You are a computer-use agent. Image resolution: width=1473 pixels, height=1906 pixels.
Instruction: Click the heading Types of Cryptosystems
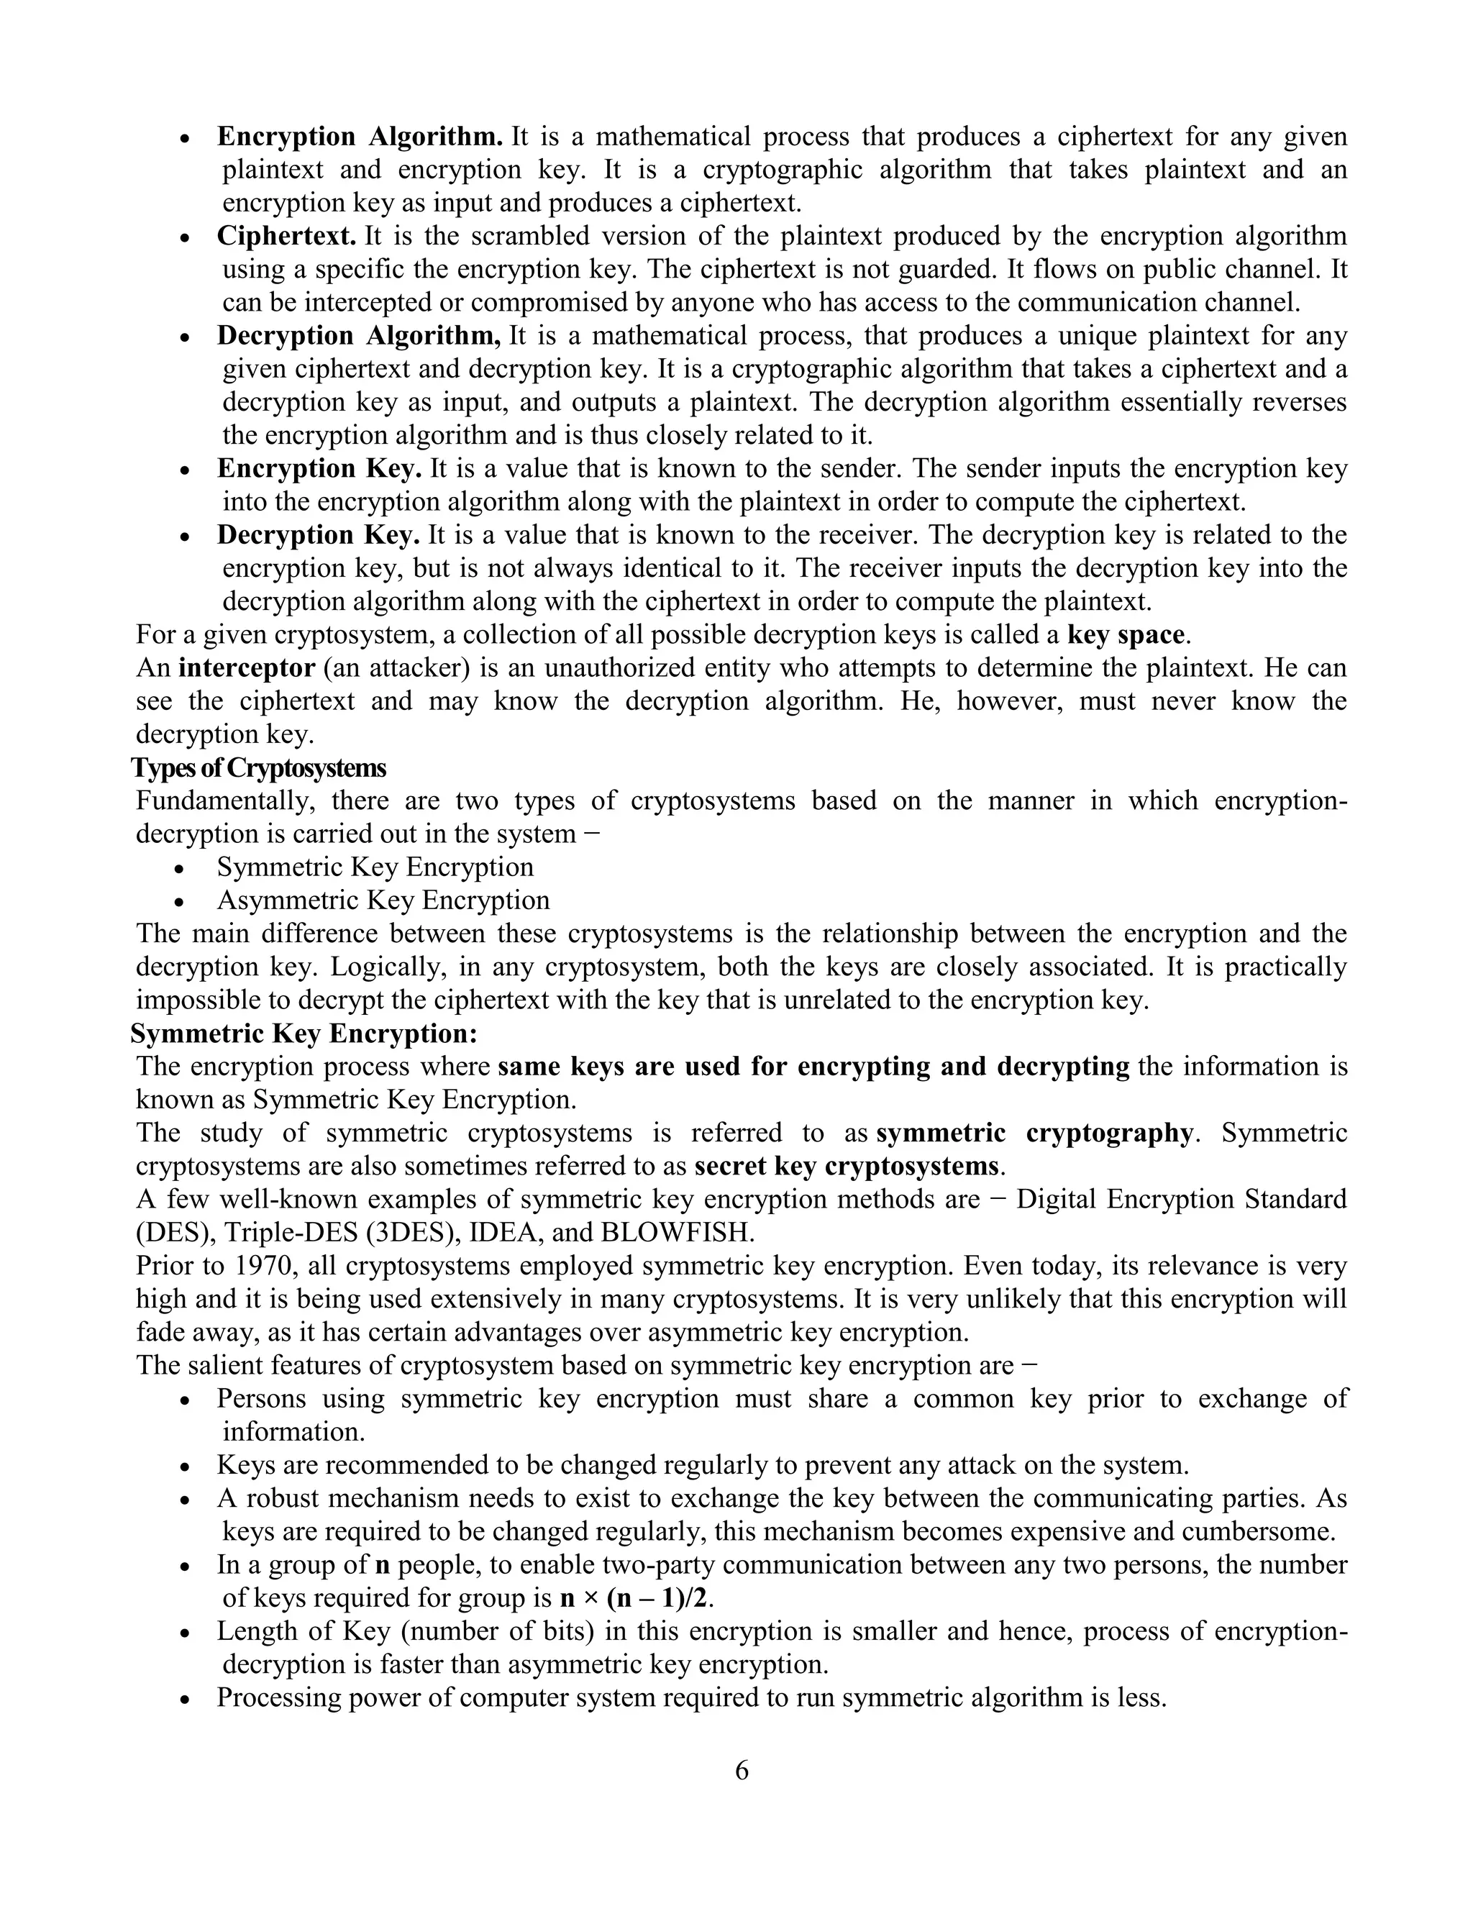258,768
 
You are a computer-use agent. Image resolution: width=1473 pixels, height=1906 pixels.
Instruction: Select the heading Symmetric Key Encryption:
304,1034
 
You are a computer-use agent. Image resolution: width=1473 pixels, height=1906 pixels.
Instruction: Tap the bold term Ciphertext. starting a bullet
286,236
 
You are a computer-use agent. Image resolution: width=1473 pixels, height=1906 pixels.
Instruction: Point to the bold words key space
1126,634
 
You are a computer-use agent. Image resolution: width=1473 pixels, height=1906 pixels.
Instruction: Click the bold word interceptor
246,667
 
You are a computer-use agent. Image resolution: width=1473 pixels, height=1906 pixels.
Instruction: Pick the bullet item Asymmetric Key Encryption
383,900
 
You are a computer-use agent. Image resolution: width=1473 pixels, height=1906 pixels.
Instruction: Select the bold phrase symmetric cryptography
1034,1133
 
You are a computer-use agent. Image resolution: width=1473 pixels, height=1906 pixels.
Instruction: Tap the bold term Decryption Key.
319,534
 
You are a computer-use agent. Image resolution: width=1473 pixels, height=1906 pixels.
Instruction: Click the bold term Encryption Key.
319,469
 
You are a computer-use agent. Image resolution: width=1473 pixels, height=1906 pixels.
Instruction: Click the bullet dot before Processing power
185,1699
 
